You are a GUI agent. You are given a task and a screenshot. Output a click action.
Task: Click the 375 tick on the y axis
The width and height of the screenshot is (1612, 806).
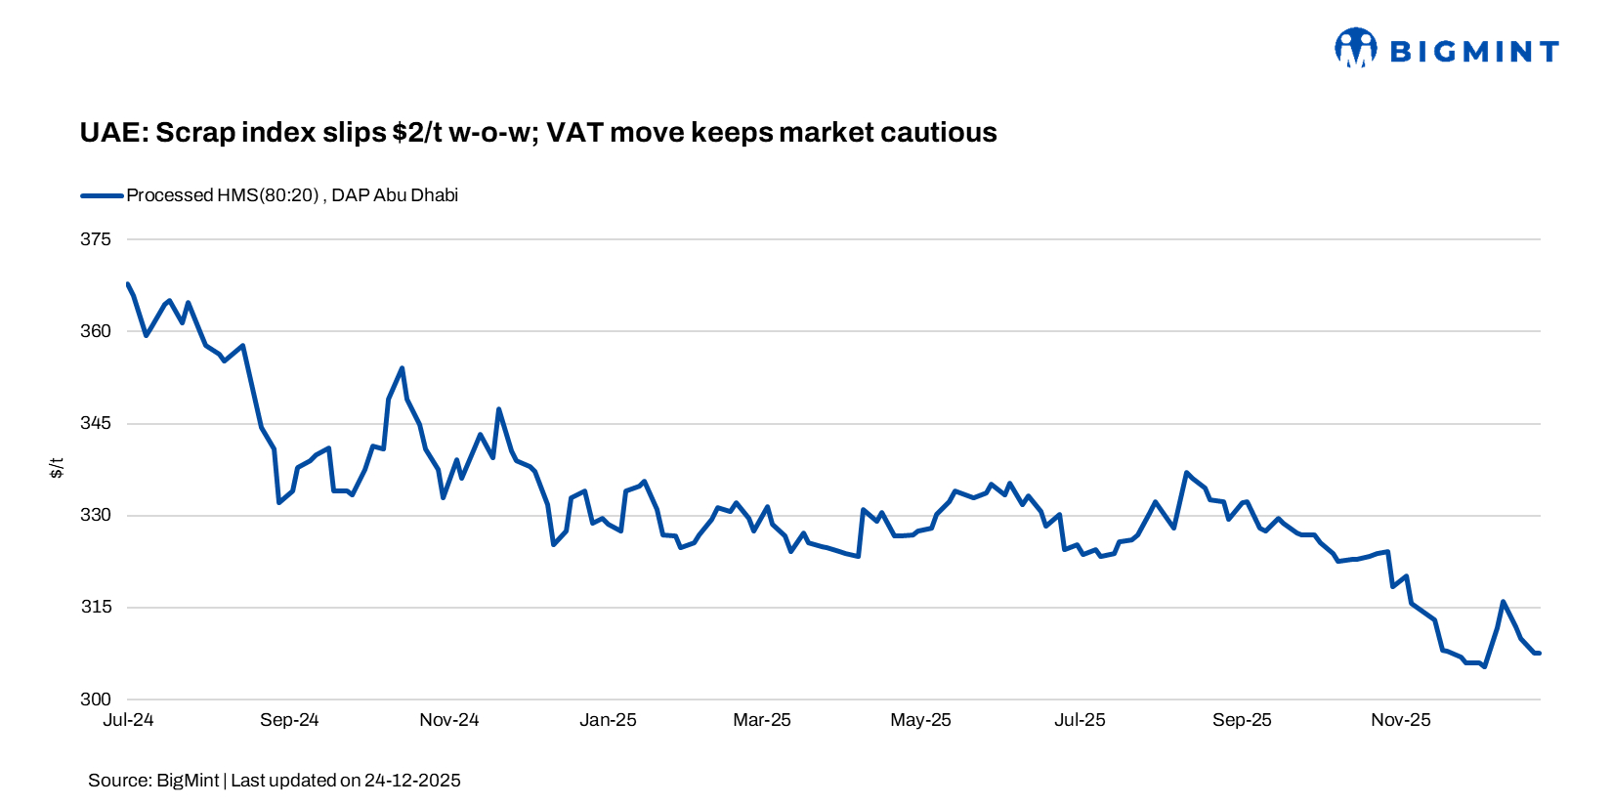click(x=96, y=239)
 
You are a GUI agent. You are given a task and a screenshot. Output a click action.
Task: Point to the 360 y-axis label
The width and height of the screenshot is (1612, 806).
click(x=96, y=331)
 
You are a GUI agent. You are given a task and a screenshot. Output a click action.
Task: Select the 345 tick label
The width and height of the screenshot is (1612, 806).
click(x=96, y=423)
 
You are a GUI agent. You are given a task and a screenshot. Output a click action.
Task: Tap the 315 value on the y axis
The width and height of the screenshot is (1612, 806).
click(x=96, y=607)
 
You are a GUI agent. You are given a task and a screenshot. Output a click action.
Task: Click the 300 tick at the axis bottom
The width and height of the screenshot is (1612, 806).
click(x=96, y=700)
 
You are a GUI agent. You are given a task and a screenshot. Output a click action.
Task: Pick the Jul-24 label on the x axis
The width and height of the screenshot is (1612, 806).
click(x=128, y=720)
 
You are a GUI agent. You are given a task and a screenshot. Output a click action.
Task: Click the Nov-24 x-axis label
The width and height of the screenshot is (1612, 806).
click(x=449, y=720)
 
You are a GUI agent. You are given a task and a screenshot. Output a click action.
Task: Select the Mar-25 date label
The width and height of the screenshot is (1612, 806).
click(x=762, y=720)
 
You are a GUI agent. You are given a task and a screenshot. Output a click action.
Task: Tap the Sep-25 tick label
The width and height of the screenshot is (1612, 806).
click(x=1242, y=720)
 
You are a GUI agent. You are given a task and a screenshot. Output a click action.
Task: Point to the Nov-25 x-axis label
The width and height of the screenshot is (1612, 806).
click(x=1401, y=720)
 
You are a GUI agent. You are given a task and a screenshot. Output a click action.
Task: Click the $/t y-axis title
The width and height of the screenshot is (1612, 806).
click(x=57, y=468)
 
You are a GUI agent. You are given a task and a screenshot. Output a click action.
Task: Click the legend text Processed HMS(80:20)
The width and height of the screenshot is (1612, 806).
click(x=223, y=195)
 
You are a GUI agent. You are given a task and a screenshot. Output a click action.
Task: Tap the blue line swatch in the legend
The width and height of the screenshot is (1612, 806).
click(x=102, y=195)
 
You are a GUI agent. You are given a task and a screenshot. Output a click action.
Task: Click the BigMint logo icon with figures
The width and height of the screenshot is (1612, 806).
click(x=1355, y=48)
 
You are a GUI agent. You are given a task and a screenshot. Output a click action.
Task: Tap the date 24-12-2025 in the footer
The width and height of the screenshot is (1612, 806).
click(x=411, y=781)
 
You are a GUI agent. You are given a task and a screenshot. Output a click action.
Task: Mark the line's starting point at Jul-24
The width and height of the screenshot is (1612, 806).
click(x=128, y=284)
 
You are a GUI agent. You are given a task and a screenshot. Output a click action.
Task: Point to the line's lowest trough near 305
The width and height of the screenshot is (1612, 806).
click(x=1484, y=666)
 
